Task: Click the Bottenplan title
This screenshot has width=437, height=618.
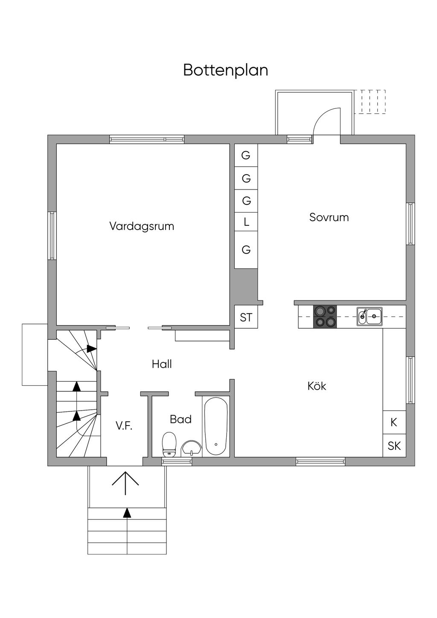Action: pos(226,70)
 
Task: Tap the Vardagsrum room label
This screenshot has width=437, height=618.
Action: pos(142,226)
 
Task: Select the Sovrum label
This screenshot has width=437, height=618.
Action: pos(329,217)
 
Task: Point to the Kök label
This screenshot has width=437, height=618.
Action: pos(317,386)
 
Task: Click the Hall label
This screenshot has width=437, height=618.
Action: pos(162,364)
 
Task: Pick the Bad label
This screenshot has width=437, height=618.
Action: pos(181,419)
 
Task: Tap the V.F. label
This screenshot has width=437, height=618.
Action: pos(124,426)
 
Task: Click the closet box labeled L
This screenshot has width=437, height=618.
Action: pos(246,222)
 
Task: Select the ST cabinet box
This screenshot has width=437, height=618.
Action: pos(246,317)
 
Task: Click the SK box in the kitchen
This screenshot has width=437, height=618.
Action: pos(394,446)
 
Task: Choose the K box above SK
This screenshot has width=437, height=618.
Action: pos(394,422)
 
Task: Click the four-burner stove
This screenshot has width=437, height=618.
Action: pos(325,317)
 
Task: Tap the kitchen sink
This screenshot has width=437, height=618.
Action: pos(370,316)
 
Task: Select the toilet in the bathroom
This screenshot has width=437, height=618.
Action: pos(169,444)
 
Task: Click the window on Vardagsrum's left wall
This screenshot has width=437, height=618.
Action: pos(52,236)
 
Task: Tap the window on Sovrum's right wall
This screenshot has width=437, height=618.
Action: pos(411,224)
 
